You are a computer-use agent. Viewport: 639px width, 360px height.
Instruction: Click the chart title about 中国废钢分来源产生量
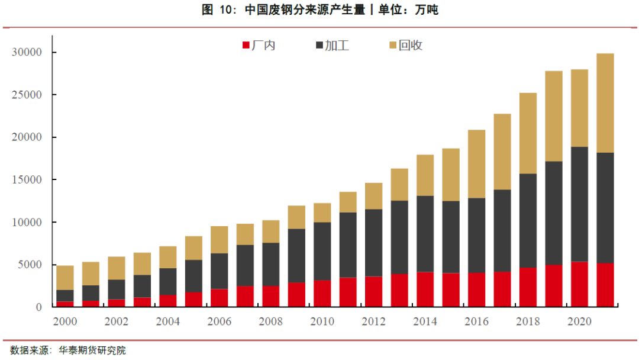point(319,9)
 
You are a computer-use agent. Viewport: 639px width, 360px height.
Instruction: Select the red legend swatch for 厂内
point(246,46)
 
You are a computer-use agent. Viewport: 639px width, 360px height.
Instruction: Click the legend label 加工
point(337,46)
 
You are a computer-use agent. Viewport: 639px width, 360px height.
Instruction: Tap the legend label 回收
point(411,46)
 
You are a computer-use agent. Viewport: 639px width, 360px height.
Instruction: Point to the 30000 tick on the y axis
point(27,52)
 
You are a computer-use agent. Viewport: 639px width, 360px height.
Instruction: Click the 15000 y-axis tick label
point(27,179)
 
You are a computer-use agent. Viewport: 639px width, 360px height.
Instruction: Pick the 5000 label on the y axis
point(30,265)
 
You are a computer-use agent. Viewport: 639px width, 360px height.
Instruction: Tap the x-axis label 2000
point(65,322)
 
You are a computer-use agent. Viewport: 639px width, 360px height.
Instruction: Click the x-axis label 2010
point(322,322)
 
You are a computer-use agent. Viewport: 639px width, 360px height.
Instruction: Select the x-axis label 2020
point(580,322)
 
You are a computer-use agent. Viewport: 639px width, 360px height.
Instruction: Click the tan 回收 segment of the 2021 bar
point(605,103)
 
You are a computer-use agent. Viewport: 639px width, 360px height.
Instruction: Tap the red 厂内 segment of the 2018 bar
point(528,287)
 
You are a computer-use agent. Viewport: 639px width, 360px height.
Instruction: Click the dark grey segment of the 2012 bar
point(374,243)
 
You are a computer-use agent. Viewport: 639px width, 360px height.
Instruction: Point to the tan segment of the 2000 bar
point(65,278)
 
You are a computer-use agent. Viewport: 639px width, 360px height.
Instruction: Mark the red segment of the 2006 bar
point(220,298)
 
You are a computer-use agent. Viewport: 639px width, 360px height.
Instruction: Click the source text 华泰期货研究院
point(92,351)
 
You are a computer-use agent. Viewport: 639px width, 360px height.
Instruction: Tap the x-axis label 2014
point(425,322)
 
